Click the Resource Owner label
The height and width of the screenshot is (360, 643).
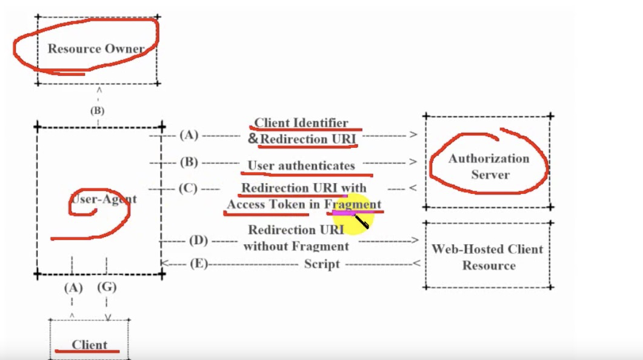[x=96, y=49]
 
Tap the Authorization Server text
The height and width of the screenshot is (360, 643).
[x=488, y=167]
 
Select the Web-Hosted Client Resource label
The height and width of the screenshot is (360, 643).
[x=487, y=257]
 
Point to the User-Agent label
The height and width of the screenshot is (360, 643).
[x=104, y=199]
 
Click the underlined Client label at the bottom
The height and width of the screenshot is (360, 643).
[x=89, y=345]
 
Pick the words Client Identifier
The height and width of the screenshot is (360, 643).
[x=301, y=123]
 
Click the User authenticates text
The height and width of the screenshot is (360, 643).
[x=301, y=165]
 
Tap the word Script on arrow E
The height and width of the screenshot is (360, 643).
[x=322, y=264]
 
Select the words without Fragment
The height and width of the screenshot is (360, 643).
[x=296, y=246]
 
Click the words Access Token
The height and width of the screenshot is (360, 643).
[x=265, y=204]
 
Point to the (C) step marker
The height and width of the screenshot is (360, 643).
[x=188, y=188]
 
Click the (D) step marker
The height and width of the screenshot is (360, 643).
[x=198, y=241]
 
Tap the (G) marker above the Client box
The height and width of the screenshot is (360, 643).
[x=107, y=287]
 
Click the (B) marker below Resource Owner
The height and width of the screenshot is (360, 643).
[x=97, y=111]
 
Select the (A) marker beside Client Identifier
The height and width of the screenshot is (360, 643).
[x=189, y=135]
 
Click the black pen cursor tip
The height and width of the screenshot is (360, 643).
[x=356, y=217]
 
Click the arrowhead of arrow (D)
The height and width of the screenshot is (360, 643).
[x=415, y=241]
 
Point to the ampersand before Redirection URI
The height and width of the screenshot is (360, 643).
[x=253, y=139]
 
